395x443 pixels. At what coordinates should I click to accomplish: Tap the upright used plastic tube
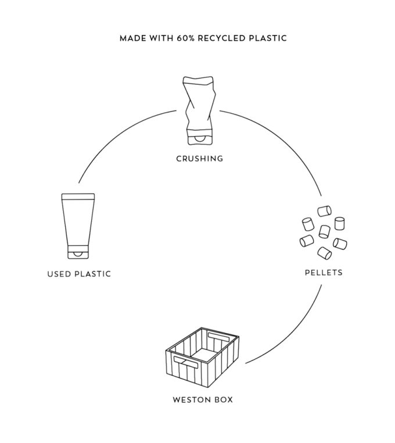click(x=78, y=224)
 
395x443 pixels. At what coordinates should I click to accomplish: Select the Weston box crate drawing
click(x=202, y=360)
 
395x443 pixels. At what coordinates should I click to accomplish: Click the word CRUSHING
click(x=199, y=158)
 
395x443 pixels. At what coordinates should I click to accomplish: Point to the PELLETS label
click(x=324, y=271)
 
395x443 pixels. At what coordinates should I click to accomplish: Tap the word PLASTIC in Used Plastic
click(x=93, y=274)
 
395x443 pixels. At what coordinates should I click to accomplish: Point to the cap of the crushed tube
click(x=199, y=140)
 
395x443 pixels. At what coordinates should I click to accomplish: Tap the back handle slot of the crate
click(x=221, y=337)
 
